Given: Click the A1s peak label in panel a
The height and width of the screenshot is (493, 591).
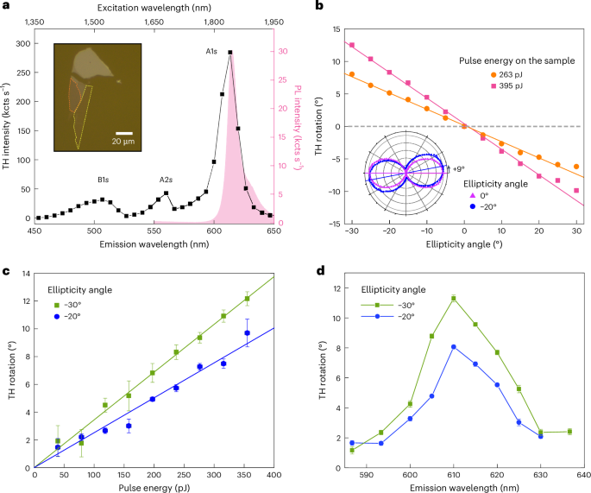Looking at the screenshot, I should click(211, 52).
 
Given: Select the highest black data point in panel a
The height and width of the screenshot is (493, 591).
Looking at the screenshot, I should click(230, 53).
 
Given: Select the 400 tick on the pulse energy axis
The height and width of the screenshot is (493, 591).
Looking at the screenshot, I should click(274, 476).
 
